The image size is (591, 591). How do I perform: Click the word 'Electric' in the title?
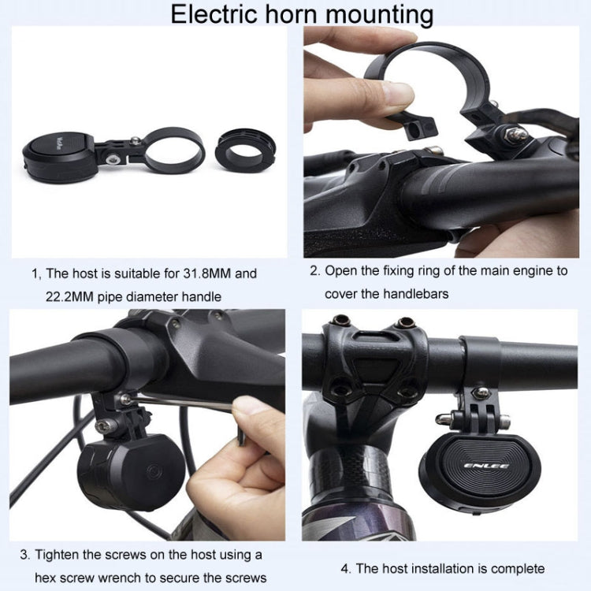coord(212,14)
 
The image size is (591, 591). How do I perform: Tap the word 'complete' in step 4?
coord(515,568)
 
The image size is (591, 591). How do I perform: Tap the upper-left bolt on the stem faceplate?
coord(341,321)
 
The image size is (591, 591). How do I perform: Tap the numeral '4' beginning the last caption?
coord(344,568)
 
